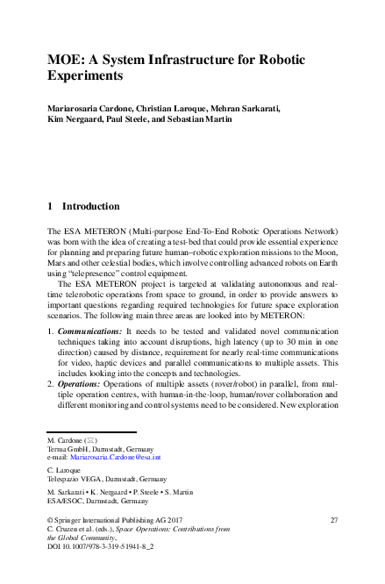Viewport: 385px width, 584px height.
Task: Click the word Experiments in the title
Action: click(87, 76)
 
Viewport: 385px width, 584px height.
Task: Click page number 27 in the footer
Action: click(333, 520)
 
